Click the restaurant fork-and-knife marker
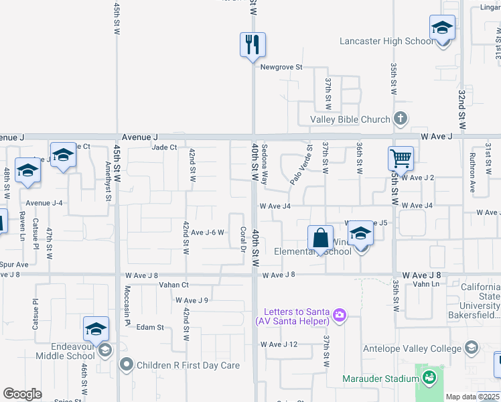click(x=253, y=45)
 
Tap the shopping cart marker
click(x=400, y=159)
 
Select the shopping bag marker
click(x=320, y=238)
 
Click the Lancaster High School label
click(x=386, y=41)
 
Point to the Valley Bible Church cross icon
click(x=401, y=119)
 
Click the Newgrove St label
click(x=281, y=67)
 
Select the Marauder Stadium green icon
click(x=429, y=379)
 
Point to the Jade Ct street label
click(x=164, y=147)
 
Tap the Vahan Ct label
click(x=173, y=285)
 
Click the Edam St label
click(x=150, y=327)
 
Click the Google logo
click(x=23, y=394)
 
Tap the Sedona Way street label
click(x=265, y=164)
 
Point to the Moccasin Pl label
click(x=127, y=302)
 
